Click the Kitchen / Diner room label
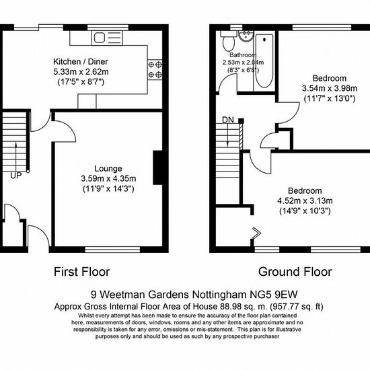[x=81, y=62]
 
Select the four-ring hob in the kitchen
[x=155, y=69]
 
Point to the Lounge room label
[x=108, y=168]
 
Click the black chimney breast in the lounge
[x=157, y=168]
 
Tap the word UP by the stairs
[x=16, y=176]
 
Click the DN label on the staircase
[x=228, y=120]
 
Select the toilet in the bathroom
[x=229, y=41]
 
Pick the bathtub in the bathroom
[x=264, y=61]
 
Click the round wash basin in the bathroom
[x=246, y=36]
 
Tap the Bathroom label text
[x=243, y=55]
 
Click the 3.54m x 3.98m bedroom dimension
[x=330, y=89]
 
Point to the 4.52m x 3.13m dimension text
[x=305, y=201]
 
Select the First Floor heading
[x=82, y=272]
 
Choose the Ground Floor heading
[x=295, y=272]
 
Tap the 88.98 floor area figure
[x=231, y=307]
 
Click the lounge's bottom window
[x=112, y=250]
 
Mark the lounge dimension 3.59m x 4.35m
[x=108, y=179]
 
